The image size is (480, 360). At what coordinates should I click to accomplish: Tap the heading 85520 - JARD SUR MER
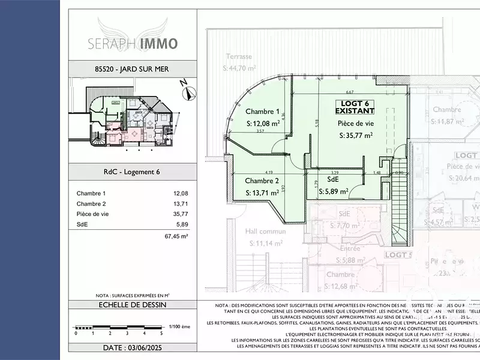click(133, 69)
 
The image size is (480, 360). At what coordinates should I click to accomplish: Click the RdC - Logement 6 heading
click(133, 173)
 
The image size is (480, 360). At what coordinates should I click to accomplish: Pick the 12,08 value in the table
click(180, 193)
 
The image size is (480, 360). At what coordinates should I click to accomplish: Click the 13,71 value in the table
click(180, 203)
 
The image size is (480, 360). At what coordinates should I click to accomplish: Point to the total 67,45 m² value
click(176, 236)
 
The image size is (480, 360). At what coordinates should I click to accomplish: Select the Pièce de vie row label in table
click(92, 214)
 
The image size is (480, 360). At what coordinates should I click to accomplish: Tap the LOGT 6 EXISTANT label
click(355, 107)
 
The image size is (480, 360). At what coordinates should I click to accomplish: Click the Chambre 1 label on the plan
click(263, 111)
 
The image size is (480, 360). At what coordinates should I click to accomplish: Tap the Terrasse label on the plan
click(238, 56)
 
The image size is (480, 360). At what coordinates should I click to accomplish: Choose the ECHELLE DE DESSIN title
click(133, 305)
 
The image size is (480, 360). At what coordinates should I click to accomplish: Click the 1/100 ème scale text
click(179, 326)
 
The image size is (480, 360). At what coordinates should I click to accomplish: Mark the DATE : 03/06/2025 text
click(133, 347)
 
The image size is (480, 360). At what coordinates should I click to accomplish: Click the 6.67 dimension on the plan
click(350, 92)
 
